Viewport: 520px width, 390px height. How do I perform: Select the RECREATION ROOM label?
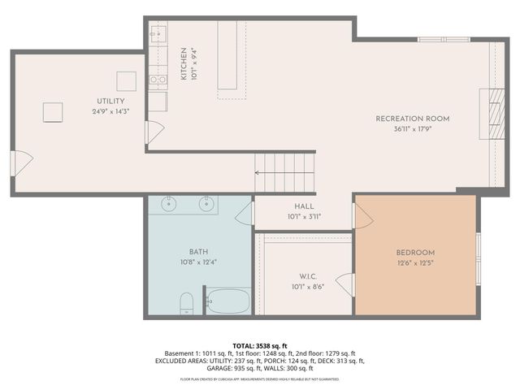pos(412,119)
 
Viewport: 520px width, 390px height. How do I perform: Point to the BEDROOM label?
pos(414,253)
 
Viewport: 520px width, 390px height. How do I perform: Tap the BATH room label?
pos(199,252)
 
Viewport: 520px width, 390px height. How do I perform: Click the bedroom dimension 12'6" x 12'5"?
pos(414,262)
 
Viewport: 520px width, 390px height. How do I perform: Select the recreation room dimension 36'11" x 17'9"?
pos(412,128)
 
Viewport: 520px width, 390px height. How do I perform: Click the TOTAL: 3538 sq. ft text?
pos(260,345)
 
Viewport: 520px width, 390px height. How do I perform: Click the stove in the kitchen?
pos(158,80)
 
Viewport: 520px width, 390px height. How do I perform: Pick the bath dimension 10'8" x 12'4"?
pos(199,262)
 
